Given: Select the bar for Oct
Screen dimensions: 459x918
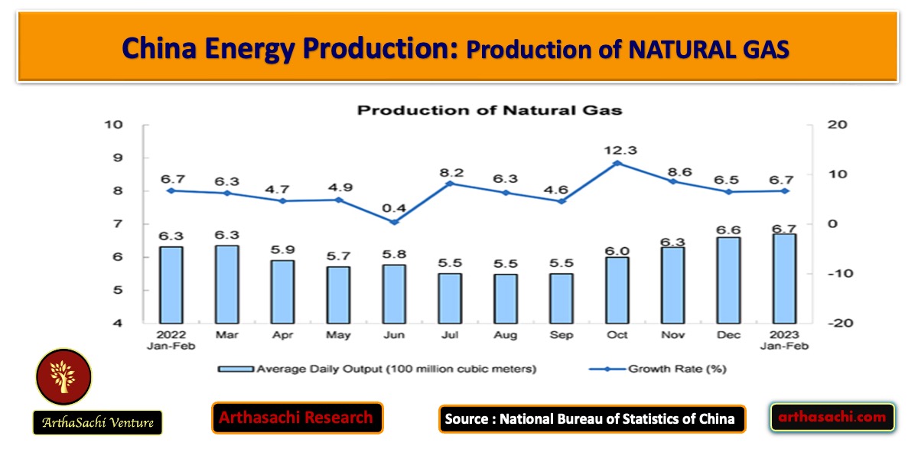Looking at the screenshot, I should (x=617, y=290).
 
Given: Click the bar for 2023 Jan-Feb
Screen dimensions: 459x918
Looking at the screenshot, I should (x=784, y=278).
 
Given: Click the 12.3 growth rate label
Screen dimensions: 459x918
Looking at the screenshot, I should (x=617, y=150).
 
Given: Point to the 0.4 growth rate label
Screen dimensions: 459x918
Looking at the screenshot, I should (x=394, y=209).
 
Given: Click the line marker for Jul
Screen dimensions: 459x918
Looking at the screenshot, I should (x=450, y=183).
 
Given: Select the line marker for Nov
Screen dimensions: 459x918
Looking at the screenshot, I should (x=673, y=181).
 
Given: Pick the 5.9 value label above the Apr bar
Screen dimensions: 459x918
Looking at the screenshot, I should (x=283, y=249).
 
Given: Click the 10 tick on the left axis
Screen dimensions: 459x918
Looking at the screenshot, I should (x=114, y=125).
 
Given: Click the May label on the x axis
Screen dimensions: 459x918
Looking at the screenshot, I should (x=338, y=336).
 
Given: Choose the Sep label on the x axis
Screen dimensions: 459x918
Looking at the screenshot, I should (x=562, y=336).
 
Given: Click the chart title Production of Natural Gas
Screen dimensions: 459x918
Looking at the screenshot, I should (x=490, y=110).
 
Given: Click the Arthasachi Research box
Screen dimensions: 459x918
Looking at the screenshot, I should (x=297, y=418).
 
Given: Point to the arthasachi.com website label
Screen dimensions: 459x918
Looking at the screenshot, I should (x=832, y=417).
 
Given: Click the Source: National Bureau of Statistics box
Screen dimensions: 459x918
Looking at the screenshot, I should (x=591, y=418).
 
